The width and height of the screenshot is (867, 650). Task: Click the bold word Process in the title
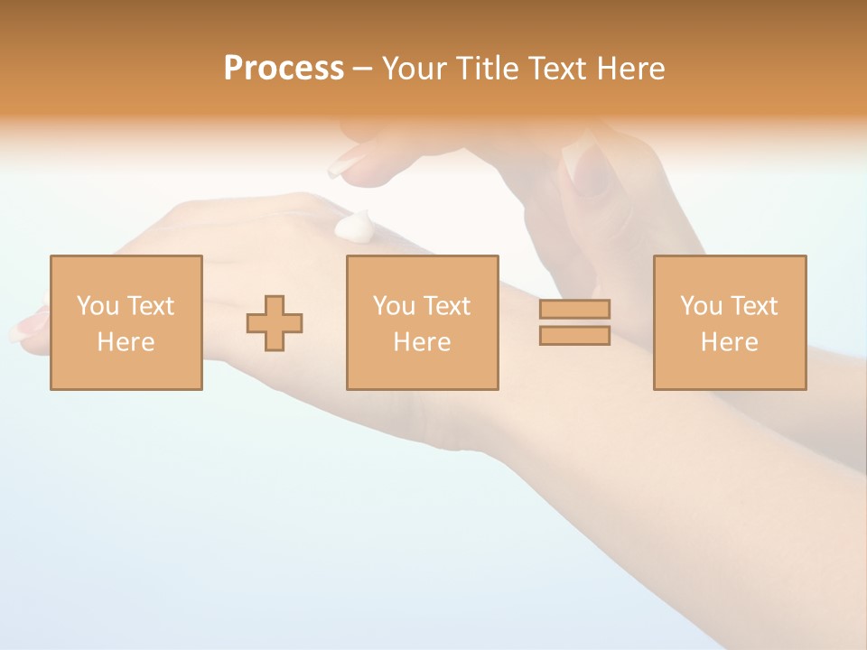tap(284, 69)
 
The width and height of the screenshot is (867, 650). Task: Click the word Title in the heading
tap(486, 69)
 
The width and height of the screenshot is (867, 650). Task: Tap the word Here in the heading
tap(629, 69)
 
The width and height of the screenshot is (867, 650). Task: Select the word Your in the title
tap(416, 69)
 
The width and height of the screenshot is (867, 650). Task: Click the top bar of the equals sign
tap(574, 309)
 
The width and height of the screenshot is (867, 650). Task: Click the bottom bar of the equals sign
tap(574, 336)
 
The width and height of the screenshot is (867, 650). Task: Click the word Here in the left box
tap(126, 342)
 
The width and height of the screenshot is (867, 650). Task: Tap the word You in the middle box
tap(395, 306)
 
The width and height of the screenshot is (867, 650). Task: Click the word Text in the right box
tap(754, 306)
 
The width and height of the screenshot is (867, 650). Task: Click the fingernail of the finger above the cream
tap(344, 163)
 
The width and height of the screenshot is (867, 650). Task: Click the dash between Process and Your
tap(362, 70)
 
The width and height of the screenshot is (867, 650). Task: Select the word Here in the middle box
tap(422, 342)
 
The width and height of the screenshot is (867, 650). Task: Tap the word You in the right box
tap(702, 306)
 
